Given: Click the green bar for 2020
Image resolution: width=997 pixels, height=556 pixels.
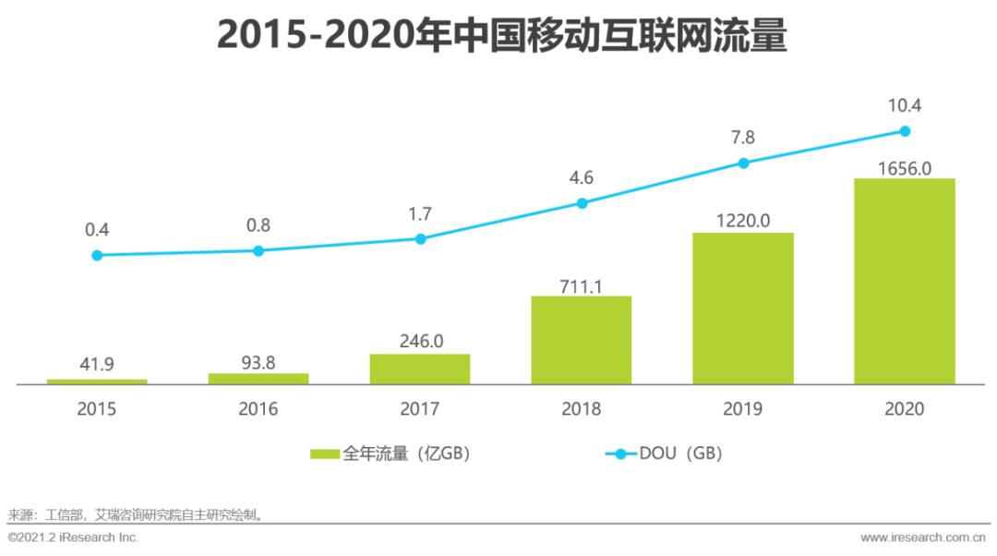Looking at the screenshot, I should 904,281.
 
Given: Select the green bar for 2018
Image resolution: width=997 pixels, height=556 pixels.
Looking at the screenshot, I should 581,340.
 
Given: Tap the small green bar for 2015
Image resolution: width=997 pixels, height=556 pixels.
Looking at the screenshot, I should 97,381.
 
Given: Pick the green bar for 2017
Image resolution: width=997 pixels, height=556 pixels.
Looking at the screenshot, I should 420,369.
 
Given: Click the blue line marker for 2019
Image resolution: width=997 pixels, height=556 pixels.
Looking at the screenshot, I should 743,163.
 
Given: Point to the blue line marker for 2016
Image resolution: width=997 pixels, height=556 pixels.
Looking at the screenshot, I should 258,250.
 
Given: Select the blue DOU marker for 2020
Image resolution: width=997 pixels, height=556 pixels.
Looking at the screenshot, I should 905,130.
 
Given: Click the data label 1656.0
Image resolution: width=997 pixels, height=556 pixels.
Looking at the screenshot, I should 905,166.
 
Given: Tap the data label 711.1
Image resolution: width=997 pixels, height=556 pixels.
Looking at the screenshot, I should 581,285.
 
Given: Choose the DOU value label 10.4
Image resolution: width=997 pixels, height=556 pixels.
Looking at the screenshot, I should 905,105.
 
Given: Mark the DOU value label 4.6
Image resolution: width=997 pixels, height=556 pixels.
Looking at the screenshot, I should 582,177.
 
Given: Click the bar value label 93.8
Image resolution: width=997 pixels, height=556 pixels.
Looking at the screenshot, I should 258,362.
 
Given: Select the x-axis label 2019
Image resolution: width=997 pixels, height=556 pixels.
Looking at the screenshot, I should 743,408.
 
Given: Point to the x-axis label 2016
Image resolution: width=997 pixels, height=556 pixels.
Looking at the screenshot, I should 258,408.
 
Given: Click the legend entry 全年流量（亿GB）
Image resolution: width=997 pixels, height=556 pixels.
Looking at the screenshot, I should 392,453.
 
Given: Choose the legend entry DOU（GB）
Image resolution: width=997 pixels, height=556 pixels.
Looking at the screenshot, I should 665,453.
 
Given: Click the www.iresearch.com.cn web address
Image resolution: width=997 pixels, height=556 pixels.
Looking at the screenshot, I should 924,538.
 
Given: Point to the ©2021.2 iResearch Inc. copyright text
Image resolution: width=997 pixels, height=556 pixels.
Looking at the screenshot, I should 73,538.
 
